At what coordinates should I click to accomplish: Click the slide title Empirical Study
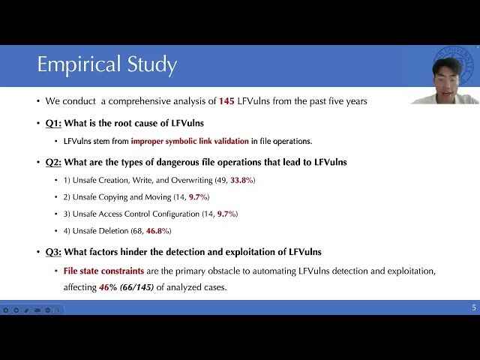(x=107, y=65)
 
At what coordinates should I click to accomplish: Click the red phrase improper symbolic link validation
(x=190, y=141)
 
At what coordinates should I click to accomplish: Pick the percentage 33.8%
(x=241, y=180)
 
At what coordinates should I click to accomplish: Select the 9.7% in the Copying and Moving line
(x=199, y=196)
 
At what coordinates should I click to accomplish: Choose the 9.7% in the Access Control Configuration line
(x=227, y=214)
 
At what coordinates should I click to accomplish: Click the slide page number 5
(x=473, y=307)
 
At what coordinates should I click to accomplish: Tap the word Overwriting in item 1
(x=189, y=180)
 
